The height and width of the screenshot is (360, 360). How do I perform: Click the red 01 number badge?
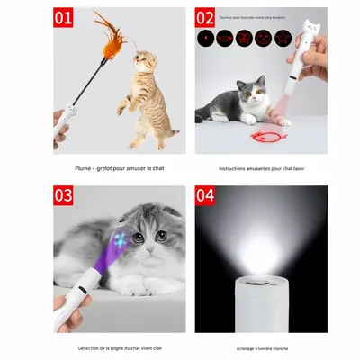[x=63, y=17]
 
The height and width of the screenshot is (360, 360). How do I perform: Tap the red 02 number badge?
[x=205, y=17]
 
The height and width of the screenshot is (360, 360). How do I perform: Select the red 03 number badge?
[x=63, y=195]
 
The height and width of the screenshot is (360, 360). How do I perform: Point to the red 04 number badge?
[x=205, y=195]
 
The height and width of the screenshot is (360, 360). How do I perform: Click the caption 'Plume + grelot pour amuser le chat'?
[x=119, y=168]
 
